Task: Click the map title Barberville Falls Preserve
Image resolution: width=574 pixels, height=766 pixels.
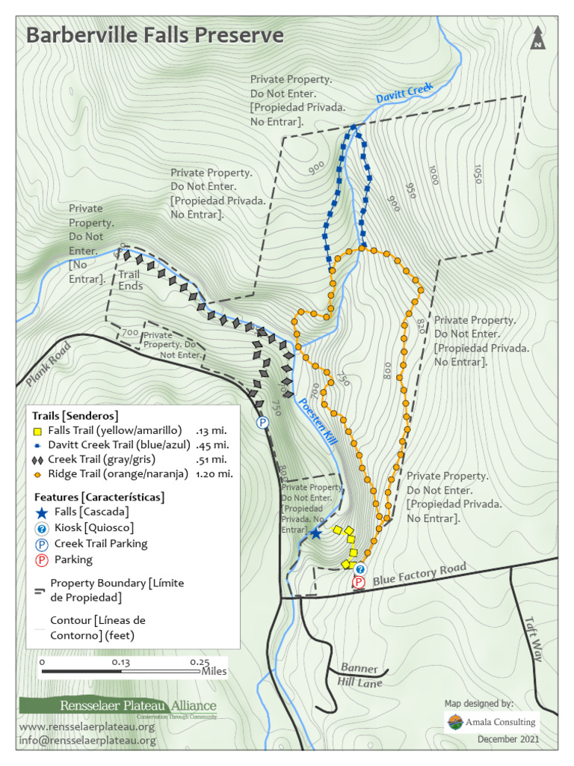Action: [x=155, y=35]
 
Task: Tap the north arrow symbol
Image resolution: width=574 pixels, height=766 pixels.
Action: [x=537, y=38]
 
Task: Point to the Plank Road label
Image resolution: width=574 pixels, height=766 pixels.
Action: [x=46, y=364]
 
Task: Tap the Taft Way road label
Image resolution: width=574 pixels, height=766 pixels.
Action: [x=533, y=638]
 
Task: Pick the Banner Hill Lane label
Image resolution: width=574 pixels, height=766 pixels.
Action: [x=362, y=675]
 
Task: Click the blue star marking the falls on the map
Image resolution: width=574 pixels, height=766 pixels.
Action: [x=315, y=533]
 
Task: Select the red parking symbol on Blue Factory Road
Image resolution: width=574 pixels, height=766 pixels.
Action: [x=359, y=582]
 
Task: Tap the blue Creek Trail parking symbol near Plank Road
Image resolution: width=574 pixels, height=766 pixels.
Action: [x=262, y=423]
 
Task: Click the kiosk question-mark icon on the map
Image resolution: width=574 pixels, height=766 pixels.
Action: [x=360, y=569]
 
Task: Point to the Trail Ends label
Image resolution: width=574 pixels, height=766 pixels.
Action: [x=130, y=281]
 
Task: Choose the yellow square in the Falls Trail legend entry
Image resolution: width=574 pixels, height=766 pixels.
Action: [x=37, y=431]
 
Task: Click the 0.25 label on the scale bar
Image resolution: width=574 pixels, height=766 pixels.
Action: [x=199, y=662]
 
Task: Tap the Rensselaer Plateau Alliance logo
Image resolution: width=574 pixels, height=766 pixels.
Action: [x=118, y=705]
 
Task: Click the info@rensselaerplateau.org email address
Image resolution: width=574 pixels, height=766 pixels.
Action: [x=87, y=741]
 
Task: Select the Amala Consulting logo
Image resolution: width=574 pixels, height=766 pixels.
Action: [x=492, y=722]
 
